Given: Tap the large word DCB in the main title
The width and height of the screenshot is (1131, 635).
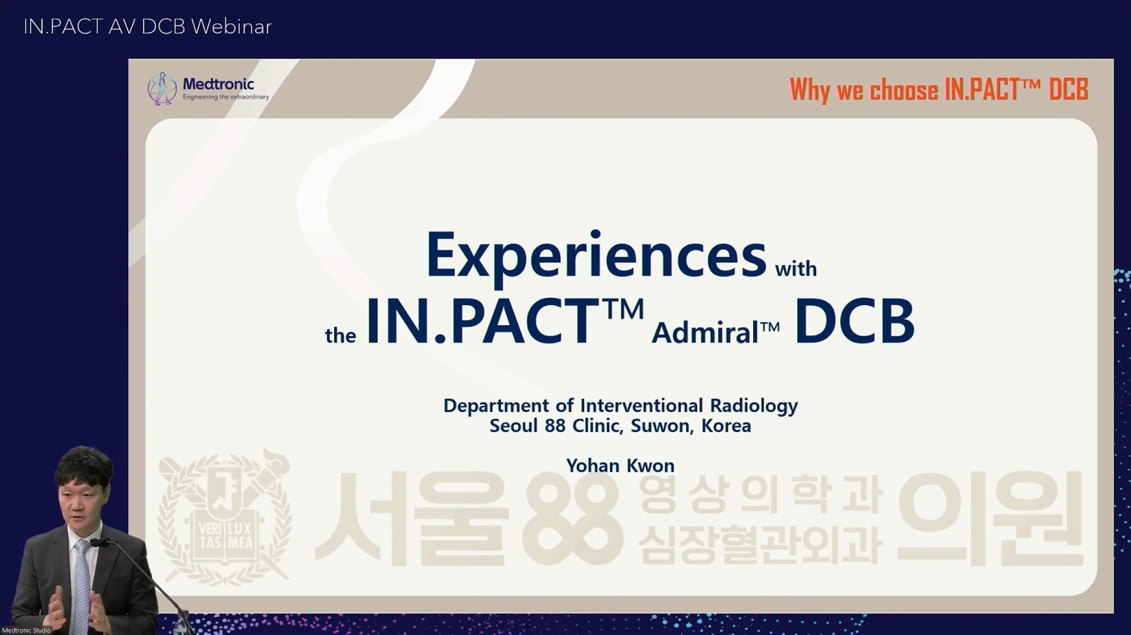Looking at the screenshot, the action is coord(855,321).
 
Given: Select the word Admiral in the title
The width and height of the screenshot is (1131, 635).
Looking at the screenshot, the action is coord(705,333).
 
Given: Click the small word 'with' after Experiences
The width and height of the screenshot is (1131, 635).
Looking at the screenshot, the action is coord(796,268).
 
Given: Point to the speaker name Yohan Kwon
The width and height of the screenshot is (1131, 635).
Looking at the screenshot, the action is coord(620,466).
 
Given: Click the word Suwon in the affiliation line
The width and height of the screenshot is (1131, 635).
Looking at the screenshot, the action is coord(660,426).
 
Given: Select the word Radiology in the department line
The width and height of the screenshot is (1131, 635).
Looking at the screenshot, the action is coord(754,406).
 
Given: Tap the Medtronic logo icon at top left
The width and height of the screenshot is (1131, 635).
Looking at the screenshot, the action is coord(162,88).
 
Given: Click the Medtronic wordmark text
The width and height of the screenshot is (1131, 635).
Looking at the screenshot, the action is coord(219,84).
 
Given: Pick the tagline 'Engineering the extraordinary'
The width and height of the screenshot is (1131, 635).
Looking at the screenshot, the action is coord(226,97).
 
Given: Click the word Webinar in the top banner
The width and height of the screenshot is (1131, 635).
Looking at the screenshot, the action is coord(232,27).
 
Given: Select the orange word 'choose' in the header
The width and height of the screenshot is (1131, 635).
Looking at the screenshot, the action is coord(904,90).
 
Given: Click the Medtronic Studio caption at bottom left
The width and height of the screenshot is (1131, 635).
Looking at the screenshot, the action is coord(27,630).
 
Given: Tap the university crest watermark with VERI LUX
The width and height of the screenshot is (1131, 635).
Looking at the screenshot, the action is coord(224,518).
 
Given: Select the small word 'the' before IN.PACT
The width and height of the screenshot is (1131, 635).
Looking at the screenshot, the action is coord(341,336).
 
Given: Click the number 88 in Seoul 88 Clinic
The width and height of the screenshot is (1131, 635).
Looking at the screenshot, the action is coord(555,426).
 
